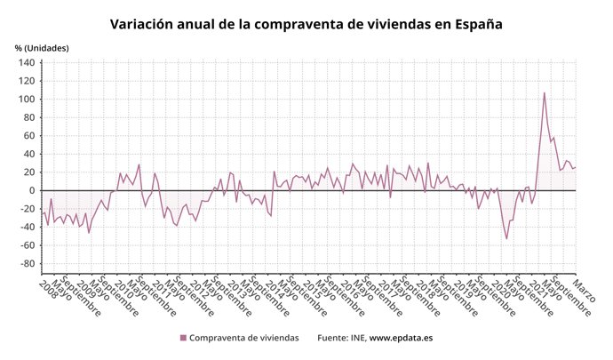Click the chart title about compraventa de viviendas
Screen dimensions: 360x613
pos(306,23)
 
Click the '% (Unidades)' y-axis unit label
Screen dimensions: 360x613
pos(41,47)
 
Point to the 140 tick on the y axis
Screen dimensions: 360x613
pos(26,63)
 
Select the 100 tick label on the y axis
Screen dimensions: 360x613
pos(26,100)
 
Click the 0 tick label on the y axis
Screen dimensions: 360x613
pos(31,190)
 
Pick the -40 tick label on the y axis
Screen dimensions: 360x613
pos(26,228)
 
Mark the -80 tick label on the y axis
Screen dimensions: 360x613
pos(26,264)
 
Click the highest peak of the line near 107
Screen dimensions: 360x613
pos(544,92)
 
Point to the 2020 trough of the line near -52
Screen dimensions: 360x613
pos(506,238)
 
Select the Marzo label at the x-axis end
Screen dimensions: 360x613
pos(585,289)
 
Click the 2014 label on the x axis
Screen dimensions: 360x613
pos(275,289)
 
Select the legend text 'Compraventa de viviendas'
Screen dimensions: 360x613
pos(244,338)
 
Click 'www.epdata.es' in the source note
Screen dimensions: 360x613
pos(401,338)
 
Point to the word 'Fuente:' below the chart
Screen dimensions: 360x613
pos(333,338)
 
